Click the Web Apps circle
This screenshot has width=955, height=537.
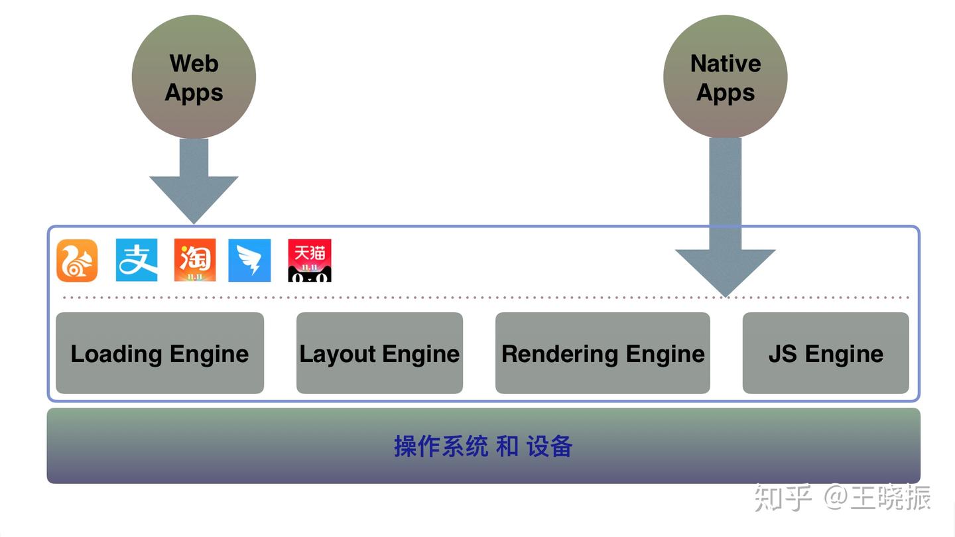pyautogui.click(x=194, y=77)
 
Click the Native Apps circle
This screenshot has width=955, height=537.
pyautogui.click(x=725, y=77)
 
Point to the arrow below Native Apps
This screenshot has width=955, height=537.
pyautogui.click(x=725, y=225)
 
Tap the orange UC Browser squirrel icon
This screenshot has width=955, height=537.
pyautogui.click(x=77, y=261)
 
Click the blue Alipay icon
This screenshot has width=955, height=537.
pyautogui.click(x=137, y=260)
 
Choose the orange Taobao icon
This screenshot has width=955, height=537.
pyautogui.click(x=195, y=260)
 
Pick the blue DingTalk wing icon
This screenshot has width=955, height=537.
pyautogui.click(x=249, y=261)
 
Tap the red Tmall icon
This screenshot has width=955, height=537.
pyautogui.click(x=310, y=261)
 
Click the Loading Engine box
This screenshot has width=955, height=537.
pyautogui.click(x=160, y=353)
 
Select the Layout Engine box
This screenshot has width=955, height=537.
pyautogui.click(x=379, y=353)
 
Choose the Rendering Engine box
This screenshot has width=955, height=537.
pyautogui.click(x=603, y=353)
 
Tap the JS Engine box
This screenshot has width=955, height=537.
pyautogui.click(x=826, y=353)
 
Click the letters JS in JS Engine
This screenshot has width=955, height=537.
pyautogui.click(x=783, y=354)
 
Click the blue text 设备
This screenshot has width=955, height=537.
pyautogui.click(x=550, y=446)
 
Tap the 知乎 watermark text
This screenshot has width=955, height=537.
pyautogui.click(x=783, y=498)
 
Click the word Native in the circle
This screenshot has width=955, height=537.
pyautogui.click(x=726, y=64)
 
